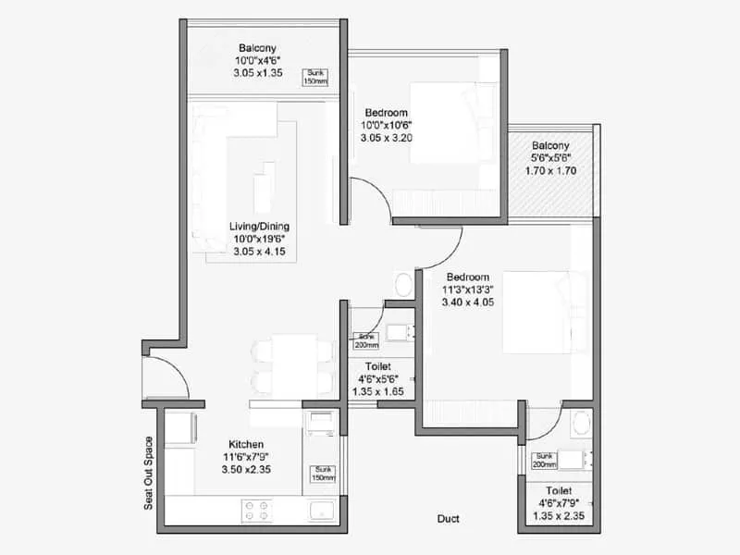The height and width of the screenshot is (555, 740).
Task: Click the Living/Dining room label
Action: [260, 226]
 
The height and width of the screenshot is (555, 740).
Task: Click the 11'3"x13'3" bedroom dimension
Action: [467, 290]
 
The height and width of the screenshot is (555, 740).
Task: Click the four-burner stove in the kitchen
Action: [255, 510]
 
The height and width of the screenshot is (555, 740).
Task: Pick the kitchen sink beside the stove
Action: [322, 510]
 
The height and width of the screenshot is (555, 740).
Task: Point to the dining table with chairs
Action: [291, 364]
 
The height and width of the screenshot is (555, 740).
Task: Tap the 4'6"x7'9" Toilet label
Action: [558, 490]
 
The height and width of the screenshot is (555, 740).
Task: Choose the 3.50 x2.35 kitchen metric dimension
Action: [246, 470]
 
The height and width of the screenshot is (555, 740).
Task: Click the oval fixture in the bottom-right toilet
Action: [580, 425]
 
